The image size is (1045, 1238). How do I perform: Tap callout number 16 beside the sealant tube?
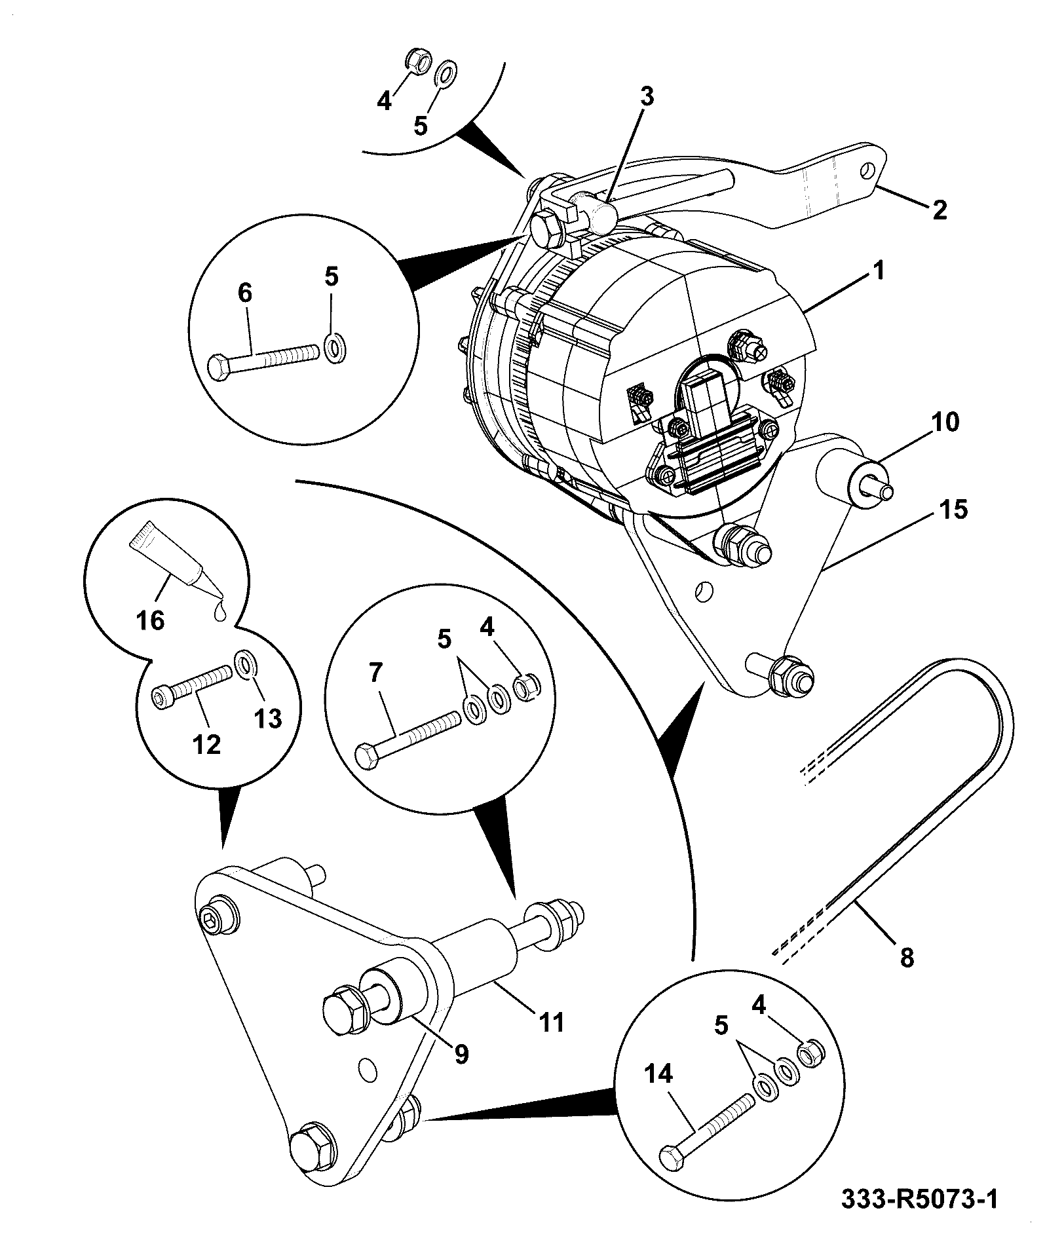151,619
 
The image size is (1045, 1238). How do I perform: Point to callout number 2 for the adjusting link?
939,210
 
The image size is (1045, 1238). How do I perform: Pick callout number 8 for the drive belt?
907,958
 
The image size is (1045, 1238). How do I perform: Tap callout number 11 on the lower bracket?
551,1022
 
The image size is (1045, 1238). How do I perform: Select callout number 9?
461,1054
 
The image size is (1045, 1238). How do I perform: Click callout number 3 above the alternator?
646,96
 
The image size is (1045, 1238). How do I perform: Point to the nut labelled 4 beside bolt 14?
811,1053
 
